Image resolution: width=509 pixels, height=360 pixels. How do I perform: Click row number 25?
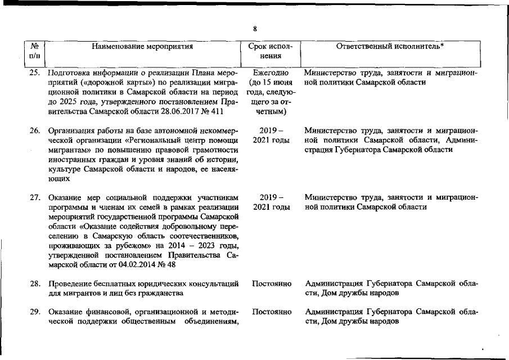[x=35, y=73]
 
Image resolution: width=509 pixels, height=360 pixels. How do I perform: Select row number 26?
[x=35, y=130]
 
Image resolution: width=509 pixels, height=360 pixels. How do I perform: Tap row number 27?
[x=35, y=197]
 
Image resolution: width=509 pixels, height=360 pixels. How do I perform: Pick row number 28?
[x=35, y=283]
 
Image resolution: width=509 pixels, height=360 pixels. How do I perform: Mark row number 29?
[x=35, y=312]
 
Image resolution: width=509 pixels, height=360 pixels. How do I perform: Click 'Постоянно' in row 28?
[x=272, y=283]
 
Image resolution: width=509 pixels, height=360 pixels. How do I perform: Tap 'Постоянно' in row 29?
[x=272, y=312]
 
